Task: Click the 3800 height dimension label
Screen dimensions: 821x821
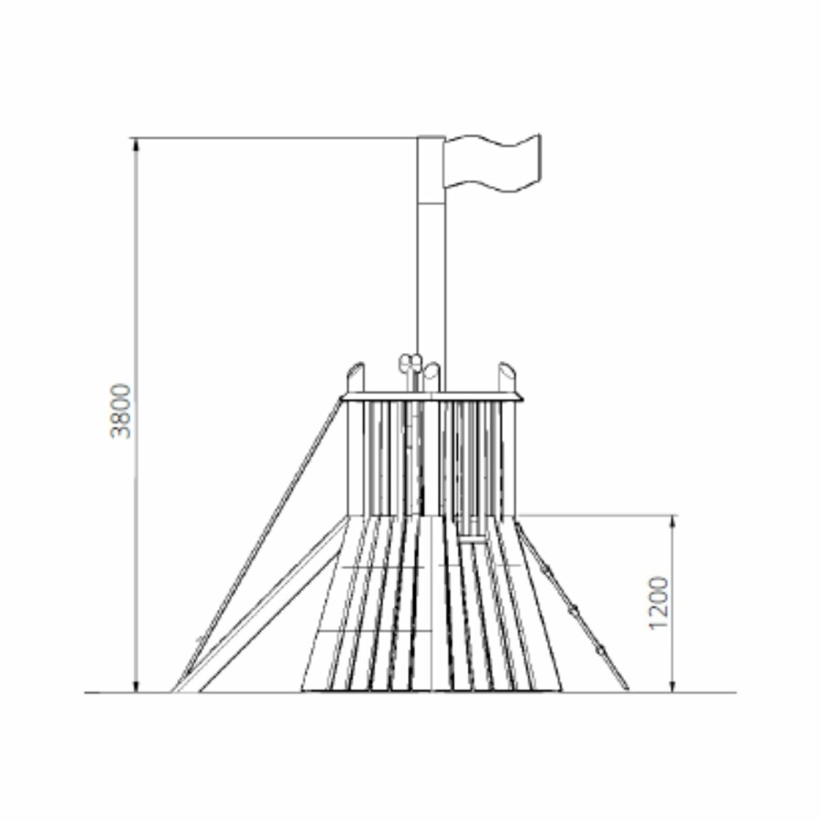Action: (121, 410)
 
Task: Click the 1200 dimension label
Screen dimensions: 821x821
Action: (658, 603)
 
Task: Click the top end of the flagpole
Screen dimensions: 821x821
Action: (431, 138)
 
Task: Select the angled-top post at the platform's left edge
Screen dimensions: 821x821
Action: (355, 377)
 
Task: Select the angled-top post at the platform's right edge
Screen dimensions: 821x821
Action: (507, 377)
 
